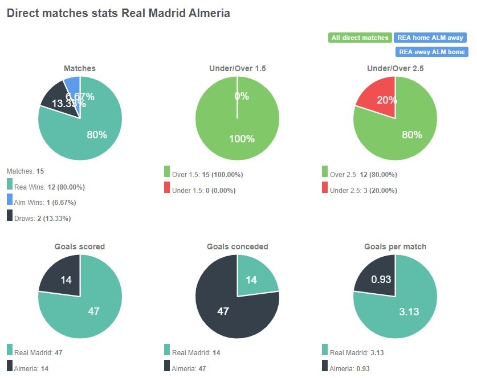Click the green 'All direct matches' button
360,38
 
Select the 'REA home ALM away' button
430,38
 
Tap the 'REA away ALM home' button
431,52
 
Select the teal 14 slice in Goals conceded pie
256,277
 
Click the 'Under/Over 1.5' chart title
238,68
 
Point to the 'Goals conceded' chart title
238,246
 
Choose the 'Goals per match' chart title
395,246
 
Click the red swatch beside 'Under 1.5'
167,187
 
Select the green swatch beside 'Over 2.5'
325,172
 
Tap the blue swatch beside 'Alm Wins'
10,200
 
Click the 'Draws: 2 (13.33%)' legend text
43,218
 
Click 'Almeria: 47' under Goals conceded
189,368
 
